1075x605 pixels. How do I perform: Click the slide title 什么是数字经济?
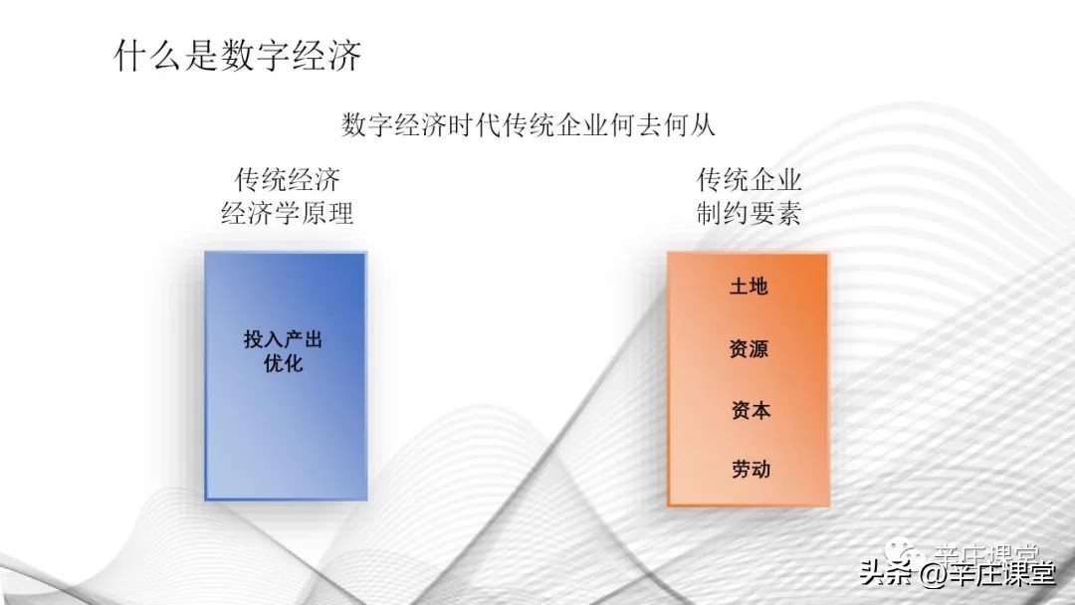tap(238, 56)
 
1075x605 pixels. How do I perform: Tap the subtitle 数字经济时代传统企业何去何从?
tap(529, 125)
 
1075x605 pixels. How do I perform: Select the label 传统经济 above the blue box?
tap(287, 181)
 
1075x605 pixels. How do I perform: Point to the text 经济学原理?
tap(287, 214)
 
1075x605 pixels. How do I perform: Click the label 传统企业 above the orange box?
tap(749, 181)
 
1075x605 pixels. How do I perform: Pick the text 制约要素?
tap(749, 214)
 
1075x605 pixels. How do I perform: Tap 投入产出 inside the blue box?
tap(284, 339)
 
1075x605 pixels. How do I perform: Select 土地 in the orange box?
tap(749, 287)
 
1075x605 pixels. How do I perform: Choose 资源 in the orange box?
tap(749, 349)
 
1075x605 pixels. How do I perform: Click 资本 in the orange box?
tap(749, 410)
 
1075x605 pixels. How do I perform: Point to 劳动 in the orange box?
tap(749, 469)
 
